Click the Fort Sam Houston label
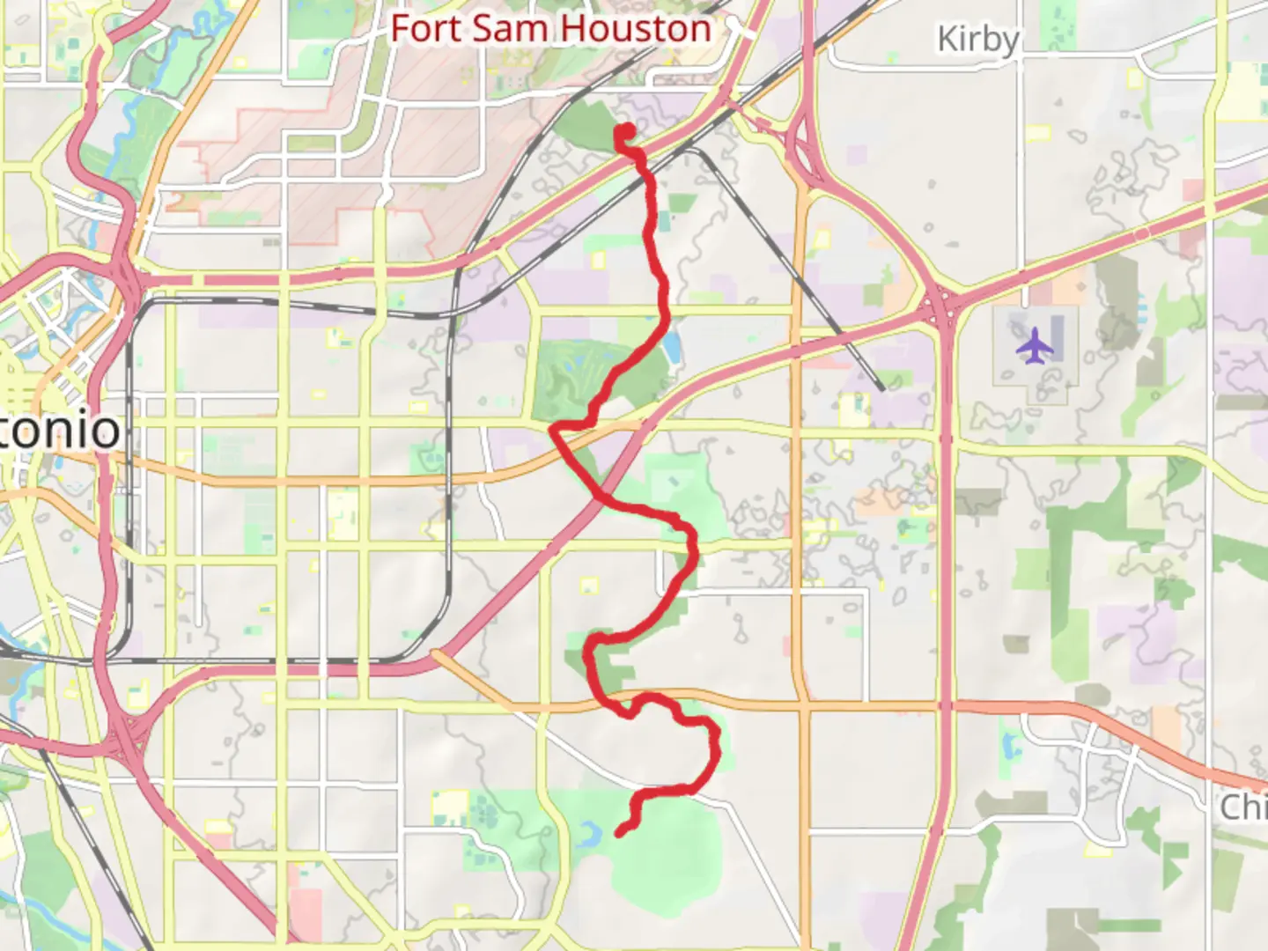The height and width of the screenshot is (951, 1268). [x=550, y=28]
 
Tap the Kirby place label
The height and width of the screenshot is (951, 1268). [x=977, y=40]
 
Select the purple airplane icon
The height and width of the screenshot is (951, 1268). [x=1034, y=344]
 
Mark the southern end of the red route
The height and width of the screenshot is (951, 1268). [x=620, y=831]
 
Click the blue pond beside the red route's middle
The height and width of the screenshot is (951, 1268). [x=674, y=349]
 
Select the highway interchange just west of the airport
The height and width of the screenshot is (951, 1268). [x=942, y=304]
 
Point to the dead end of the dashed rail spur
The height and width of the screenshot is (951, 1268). [x=881, y=388]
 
